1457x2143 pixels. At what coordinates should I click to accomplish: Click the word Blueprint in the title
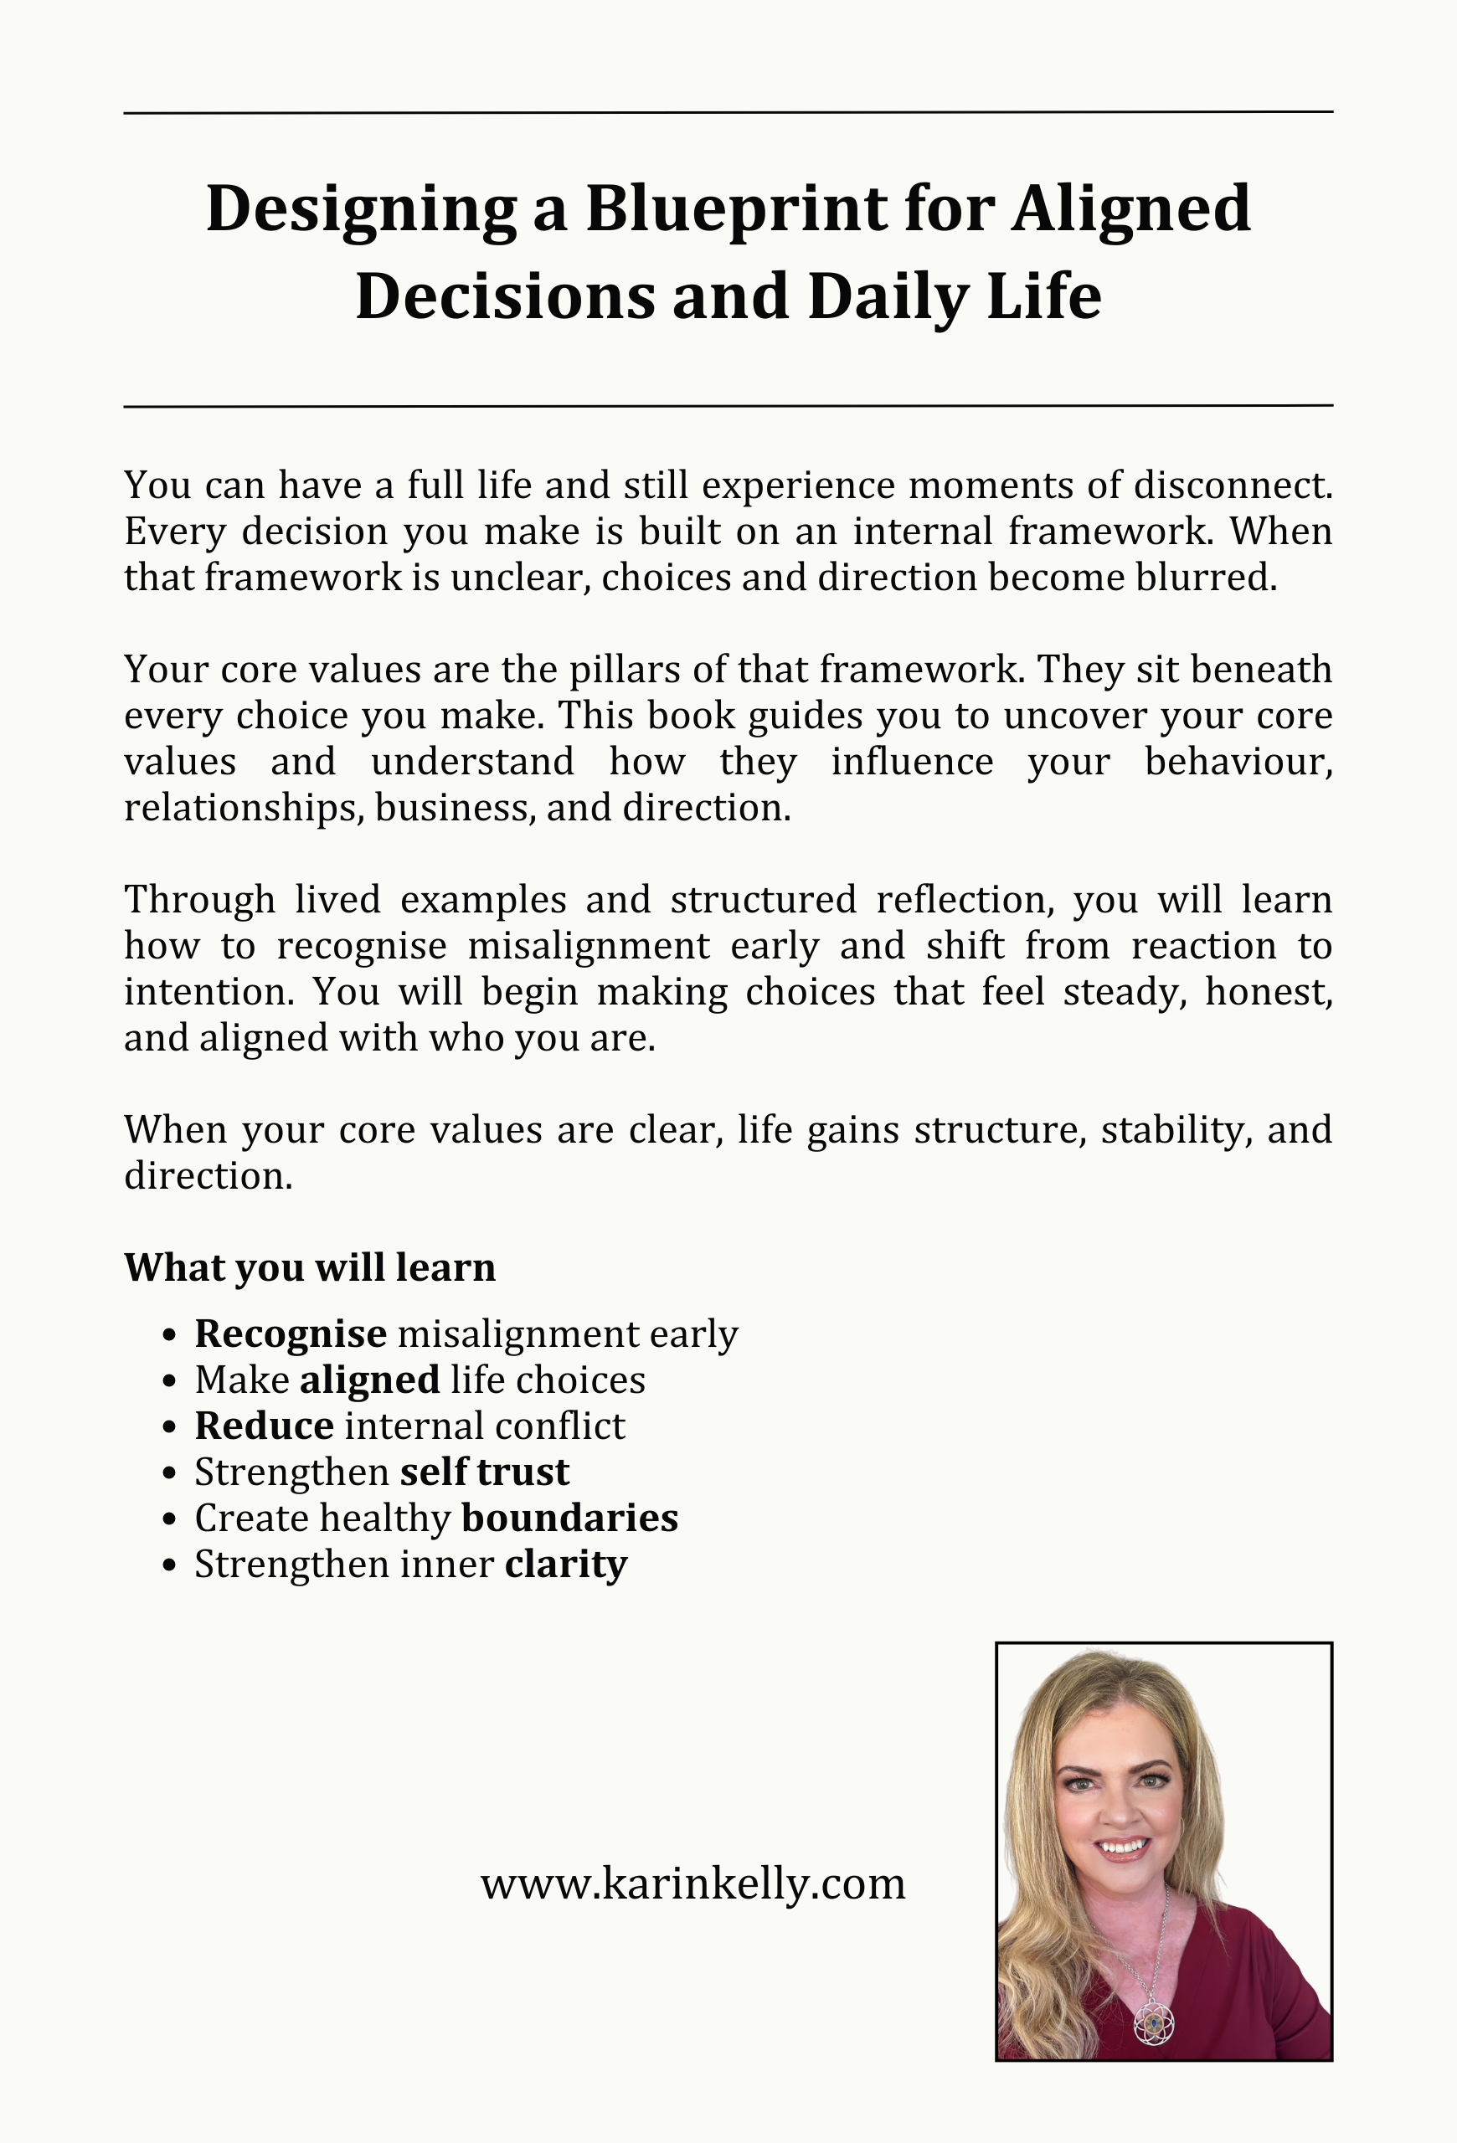[736, 210]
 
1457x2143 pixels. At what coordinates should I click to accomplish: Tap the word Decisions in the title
[505, 297]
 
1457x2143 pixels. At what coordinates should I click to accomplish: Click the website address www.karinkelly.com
[692, 1883]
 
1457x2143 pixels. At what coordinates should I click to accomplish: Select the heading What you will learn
[310, 1267]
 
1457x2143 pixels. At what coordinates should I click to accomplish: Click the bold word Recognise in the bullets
[291, 1334]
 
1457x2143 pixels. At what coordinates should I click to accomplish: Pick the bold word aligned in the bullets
[370, 1380]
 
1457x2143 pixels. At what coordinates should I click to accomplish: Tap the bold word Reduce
[264, 1426]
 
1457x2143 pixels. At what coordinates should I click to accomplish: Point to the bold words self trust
[484, 1472]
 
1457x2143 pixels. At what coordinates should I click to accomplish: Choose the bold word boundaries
[570, 1518]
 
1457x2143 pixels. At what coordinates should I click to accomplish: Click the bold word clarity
[566, 1564]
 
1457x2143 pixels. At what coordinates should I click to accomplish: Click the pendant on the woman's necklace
[1154, 2025]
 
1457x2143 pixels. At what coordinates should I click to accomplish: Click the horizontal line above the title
[728, 112]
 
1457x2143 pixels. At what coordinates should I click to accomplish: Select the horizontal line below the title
[728, 406]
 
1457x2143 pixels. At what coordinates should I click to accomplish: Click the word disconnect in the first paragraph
[1232, 485]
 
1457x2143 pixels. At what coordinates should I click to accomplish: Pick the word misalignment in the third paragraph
[589, 946]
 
